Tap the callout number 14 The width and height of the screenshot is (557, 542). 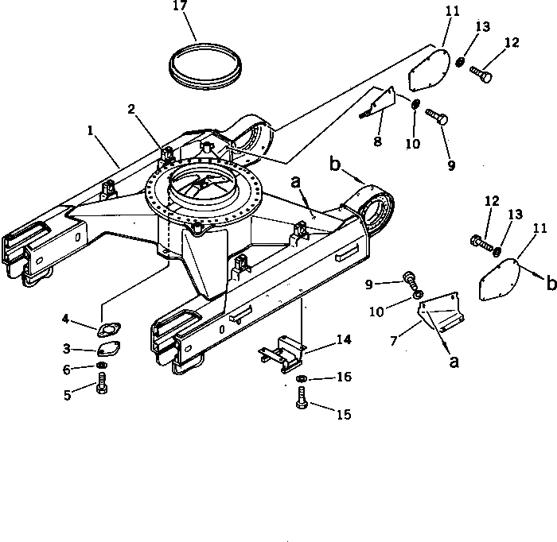pos(343,339)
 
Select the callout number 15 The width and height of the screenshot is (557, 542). pos(343,414)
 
